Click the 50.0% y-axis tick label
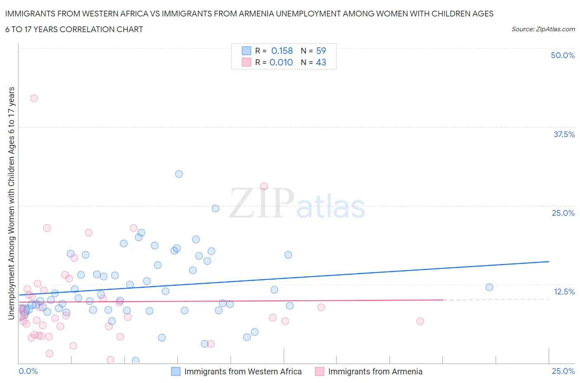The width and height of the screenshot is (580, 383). [563, 55]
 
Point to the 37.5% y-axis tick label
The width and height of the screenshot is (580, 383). [564, 134]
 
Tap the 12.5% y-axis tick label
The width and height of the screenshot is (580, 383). [564, 292]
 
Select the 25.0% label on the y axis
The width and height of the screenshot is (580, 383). [563, 213]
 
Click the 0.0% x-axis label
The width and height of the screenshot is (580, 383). [28, 371]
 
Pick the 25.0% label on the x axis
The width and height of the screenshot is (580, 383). [563, 371]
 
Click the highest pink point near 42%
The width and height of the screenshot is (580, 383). [34, 98]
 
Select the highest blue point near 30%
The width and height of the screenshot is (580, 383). [179, 174]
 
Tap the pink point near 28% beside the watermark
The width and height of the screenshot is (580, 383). [264, 186]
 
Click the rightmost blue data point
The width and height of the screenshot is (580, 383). [489, 287]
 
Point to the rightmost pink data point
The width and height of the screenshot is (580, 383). [420, 321]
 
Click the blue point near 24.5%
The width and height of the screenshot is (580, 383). [215, 208]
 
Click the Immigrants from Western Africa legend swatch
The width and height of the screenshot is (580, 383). [176, 371]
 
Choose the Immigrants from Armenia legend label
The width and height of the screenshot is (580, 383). [375, 371]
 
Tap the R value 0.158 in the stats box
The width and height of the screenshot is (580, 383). [282, 51]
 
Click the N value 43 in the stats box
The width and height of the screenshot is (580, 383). [321, 62]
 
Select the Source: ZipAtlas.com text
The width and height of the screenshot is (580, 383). [543, 29]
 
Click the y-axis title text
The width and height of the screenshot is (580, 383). [11, 203]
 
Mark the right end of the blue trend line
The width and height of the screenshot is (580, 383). [549, 262]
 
